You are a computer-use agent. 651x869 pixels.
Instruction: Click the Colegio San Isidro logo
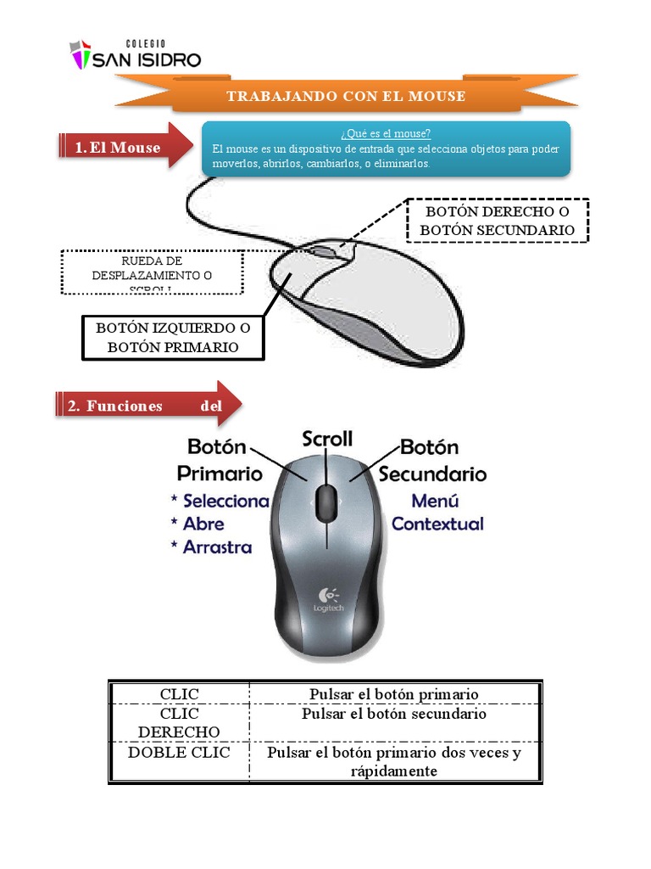pyautogui.click(x=136, y=54)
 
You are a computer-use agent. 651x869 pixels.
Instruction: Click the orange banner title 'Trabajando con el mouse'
pyautogui.click(x=346, y=96)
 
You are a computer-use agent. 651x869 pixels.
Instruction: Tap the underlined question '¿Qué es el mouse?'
pyautogui.click(x=386, y=133)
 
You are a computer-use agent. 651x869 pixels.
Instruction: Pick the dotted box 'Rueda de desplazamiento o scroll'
pyautogui.click(x=152, y=273)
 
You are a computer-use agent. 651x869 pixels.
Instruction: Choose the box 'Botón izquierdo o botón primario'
pyautogui.click(x=173, y=337)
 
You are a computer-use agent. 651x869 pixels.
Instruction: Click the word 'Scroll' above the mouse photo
pyautogui.click(x=327, y=439)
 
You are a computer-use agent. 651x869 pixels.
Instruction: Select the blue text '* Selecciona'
pyautogui.click(x=220, y=501)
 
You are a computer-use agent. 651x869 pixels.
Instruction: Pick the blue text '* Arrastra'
pyautogui.click(x=211, y=547)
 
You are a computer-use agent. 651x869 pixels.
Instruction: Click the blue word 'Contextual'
pyautogui.click(x=437, y=524)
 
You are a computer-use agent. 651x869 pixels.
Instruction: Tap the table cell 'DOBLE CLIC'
pyautogui.click(x=179, y=753)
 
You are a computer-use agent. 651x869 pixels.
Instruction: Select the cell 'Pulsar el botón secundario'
pyautogui.click(x=394, y=714)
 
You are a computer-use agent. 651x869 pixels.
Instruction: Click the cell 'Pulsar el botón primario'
pyautogui.click(x=394, y=694)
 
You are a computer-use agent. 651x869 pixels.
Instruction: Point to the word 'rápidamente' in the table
pyautogui.click(x=394, y=771)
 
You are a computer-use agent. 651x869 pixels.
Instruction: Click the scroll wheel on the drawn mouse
pyautogui.click(x=322, y=251)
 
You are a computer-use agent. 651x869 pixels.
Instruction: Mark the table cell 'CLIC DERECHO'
pyautogui.click(x=179, y=723)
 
